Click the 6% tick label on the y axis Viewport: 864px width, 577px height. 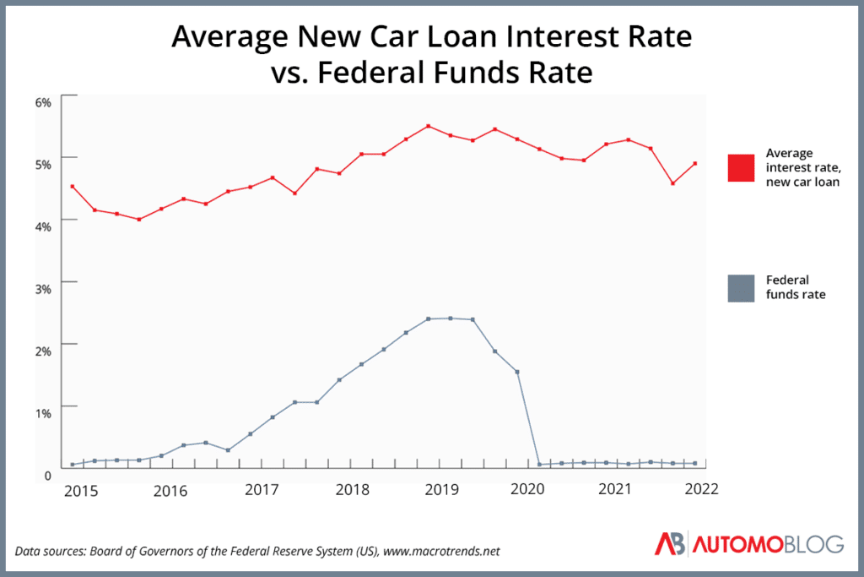pyautogui.click(x=42, y=101)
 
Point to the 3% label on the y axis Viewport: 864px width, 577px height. pyautogui.click(x=42, y=287)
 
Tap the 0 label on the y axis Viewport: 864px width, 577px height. pyautogui.click(x=47, y=474)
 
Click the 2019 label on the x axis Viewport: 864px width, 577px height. pyautogui.click(x=438, y=489)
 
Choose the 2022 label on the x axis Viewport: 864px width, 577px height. pyautogui.click(x=702, y=489)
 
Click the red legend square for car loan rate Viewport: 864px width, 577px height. pyautogui.click(x=741, y=167)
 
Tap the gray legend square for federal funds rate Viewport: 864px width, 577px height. pyautogui.click(x=741, y=288)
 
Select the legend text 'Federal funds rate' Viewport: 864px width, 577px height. pyautogui.click(x=795, y=287)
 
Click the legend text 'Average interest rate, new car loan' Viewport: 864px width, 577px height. pyautogui.click(x=802, y=167)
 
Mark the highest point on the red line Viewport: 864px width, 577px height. pyautogui.click(x=429, y=126)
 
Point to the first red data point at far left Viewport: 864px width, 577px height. pyautogui.click(x=73, y=187)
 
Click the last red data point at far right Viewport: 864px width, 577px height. pyautogui.click(x=694, y=164)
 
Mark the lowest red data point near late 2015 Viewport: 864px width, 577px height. pyautogui.click(x=138, y=220)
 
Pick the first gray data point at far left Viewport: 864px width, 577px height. pyautogui.click(x=73, y=464)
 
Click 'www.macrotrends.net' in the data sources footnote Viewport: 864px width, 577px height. pyautogui.click(x=442, y=551)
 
